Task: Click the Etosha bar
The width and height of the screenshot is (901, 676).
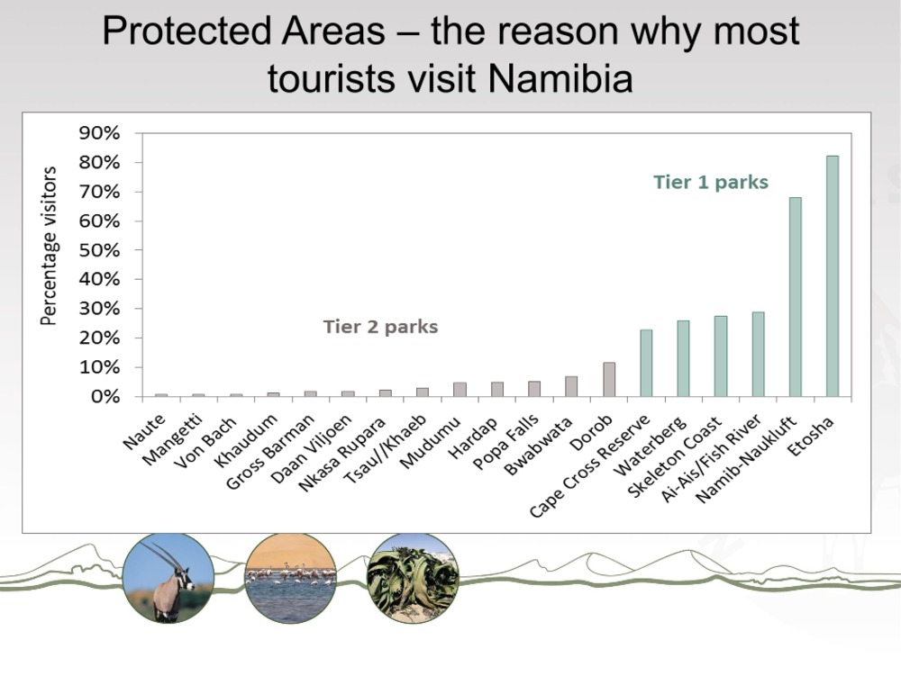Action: coord(832,276)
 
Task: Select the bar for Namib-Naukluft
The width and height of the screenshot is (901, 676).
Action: coord(796,297)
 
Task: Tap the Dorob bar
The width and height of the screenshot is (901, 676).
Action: coord(608,379)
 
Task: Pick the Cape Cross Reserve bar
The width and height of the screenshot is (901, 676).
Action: coord(646,364)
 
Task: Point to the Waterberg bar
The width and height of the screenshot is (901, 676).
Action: coord(683,358)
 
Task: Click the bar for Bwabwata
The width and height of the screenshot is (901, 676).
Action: coord(571,386)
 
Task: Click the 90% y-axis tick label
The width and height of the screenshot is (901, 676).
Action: coord(99,133)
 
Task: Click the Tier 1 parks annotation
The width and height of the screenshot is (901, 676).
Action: coord(711,182)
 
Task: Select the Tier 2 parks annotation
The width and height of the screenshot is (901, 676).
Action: coord(380,327)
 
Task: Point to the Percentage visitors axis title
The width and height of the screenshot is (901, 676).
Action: coord(49,246)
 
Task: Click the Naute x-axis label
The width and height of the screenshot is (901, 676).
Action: coord(145,431)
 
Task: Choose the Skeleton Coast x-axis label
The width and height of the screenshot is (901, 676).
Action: coord(674,456)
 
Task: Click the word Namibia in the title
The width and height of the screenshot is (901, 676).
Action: coord(560,78)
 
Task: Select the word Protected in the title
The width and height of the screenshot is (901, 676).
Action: coord(187,31)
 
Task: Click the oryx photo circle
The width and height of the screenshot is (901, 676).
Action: coord(168,578)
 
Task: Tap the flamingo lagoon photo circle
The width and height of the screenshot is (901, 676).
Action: coord(291,578)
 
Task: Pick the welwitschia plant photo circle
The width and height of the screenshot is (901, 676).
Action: coord(413,578)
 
